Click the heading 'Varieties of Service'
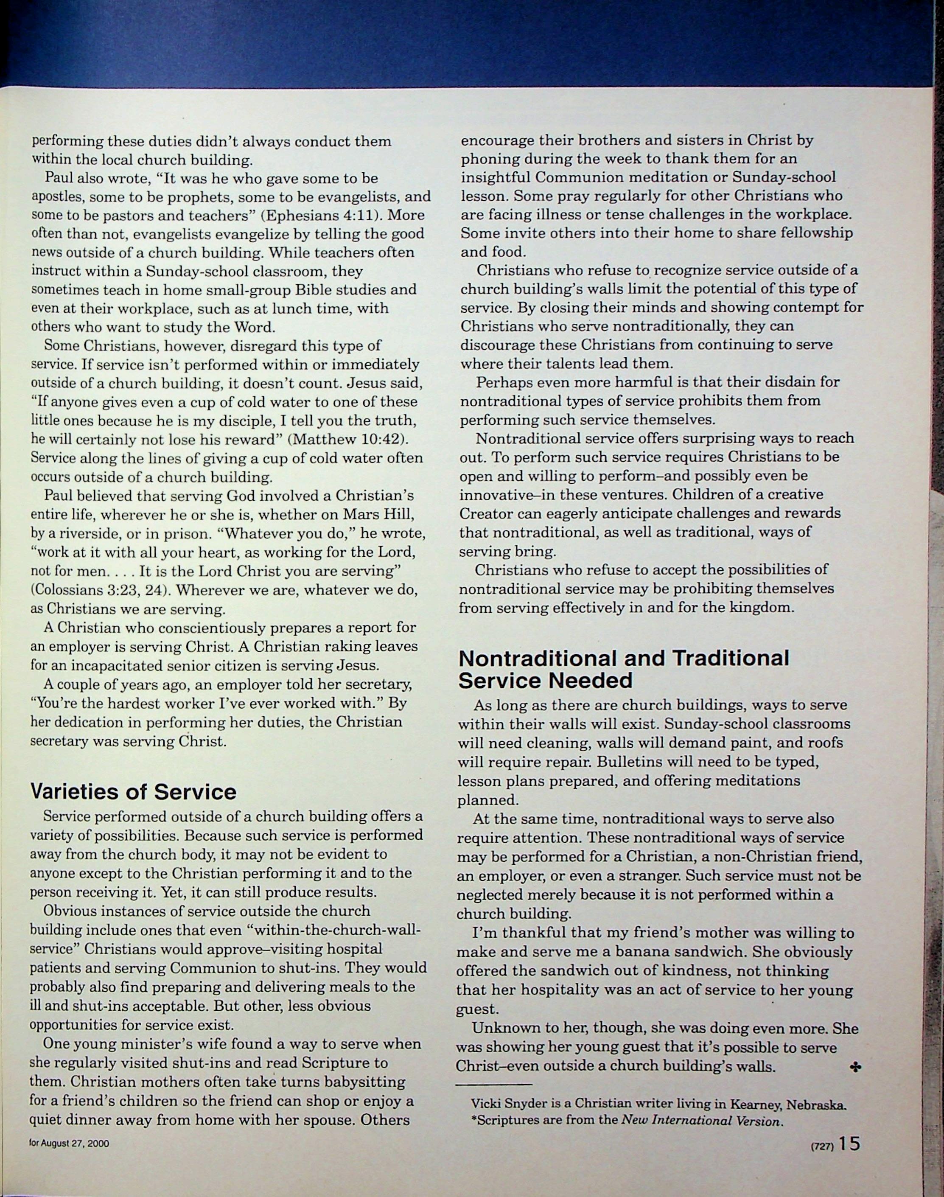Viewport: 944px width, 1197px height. [x=133, y=792]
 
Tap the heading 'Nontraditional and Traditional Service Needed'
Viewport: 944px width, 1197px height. [x=623, y=669]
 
